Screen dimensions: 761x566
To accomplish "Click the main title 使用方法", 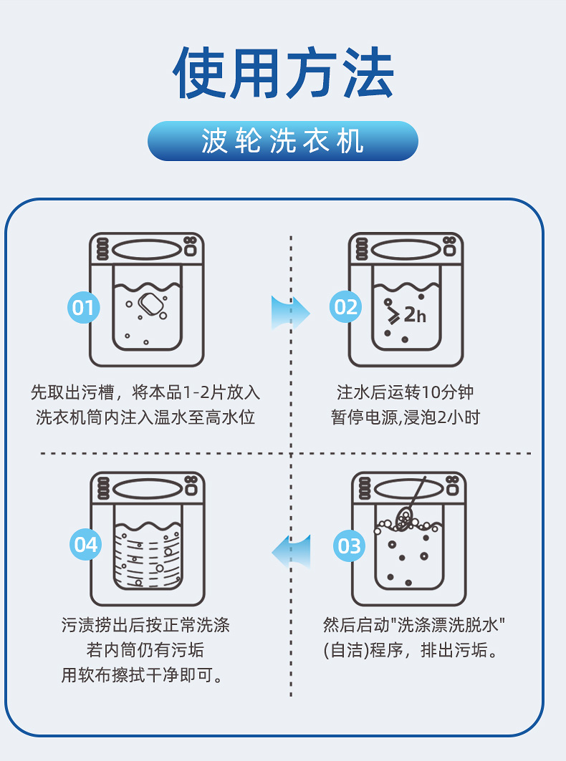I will coord(283,73).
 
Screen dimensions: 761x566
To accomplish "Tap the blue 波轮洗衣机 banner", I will coord(283,141).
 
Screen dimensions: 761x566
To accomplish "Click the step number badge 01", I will coord(84,308).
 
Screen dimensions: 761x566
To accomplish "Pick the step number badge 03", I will coord(350,546).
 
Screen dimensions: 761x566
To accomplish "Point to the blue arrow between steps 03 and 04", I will coord(291,551).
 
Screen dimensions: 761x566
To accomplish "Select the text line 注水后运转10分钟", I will coord(406,392).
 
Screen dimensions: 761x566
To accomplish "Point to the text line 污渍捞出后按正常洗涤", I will coord(145,625).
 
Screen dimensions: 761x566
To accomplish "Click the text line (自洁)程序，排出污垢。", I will coord(411,651).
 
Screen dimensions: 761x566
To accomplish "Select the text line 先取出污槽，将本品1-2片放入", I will coord(145,392).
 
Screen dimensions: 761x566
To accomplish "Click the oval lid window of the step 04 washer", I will coord(148,489).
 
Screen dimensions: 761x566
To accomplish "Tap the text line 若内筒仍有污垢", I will coord(145,650).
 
